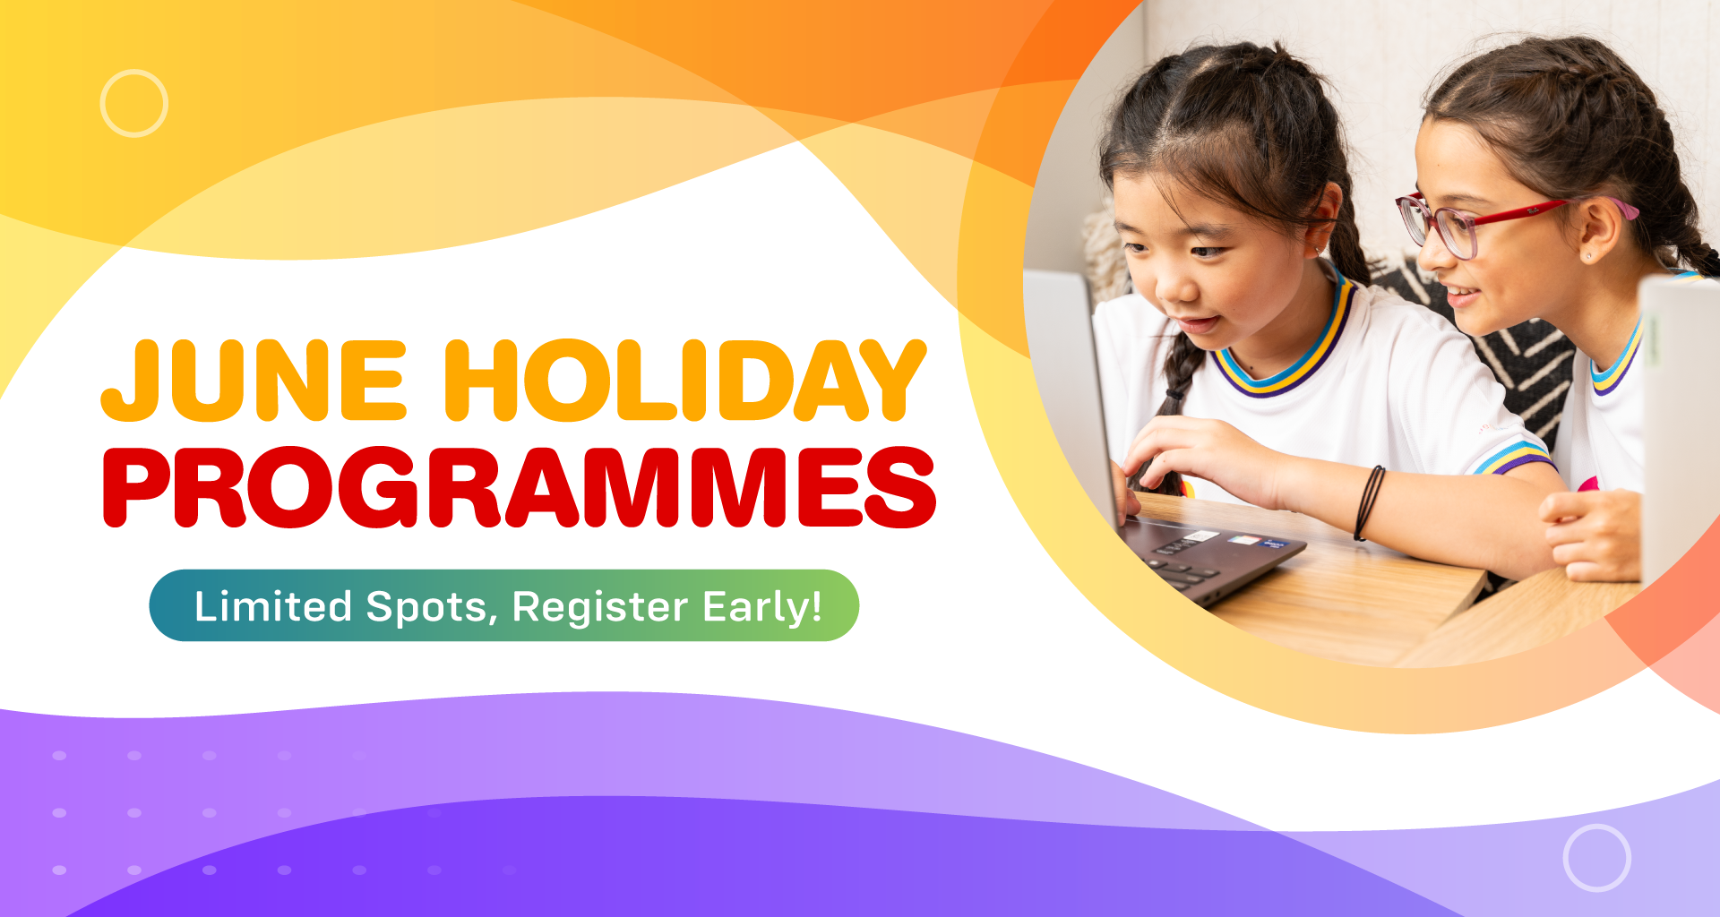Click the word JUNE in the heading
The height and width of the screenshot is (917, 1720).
click(x=254, y=380)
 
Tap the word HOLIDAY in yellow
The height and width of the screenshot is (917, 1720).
click(x=685, y=380)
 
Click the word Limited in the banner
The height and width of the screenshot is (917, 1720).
click(x=273, y=606)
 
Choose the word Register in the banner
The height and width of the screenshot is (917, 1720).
click(x=599, y=609)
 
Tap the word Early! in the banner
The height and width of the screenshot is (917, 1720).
click(x=762, y=607)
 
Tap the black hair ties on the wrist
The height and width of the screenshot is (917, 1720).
click(x=1370, y=501)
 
